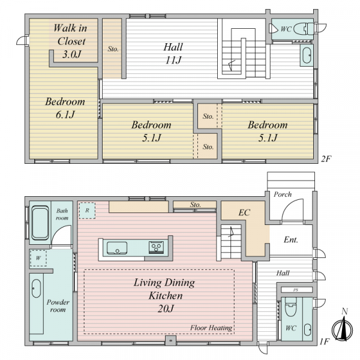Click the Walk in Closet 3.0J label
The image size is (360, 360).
click(70, 41)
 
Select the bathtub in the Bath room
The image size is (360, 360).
click(40, 223)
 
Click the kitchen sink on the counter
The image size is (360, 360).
click(117, 248)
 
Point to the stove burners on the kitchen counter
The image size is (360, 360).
click(157, 247)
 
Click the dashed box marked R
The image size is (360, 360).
click(87, 211)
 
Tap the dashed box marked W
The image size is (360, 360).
click(38, 258)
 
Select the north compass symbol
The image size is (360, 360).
click(343, 326)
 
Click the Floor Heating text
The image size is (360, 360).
click(211, 328)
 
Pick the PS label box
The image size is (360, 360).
click(296, 290)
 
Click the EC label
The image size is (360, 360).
click(244, 212)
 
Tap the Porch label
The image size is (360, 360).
click(283, 194)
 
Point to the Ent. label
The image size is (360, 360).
click(291, 239)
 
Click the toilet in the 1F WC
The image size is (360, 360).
click(290, 307)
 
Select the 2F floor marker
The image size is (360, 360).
click(326, 158)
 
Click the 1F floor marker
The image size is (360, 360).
click(325, 342)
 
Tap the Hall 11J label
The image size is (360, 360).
click(173, 53)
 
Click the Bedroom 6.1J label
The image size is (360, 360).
click(65, 108)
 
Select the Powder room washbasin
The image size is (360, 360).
click(36, 289)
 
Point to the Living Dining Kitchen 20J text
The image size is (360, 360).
click(164, 295)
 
